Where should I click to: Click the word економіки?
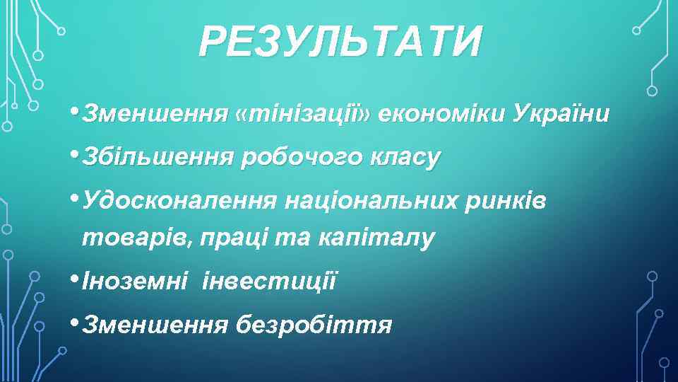(441, 113)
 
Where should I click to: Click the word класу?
(403, 158)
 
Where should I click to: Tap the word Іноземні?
(135, 282)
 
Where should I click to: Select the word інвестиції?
(270, 282)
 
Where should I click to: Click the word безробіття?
(314, 325)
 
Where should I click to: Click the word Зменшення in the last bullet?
(155, 325)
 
